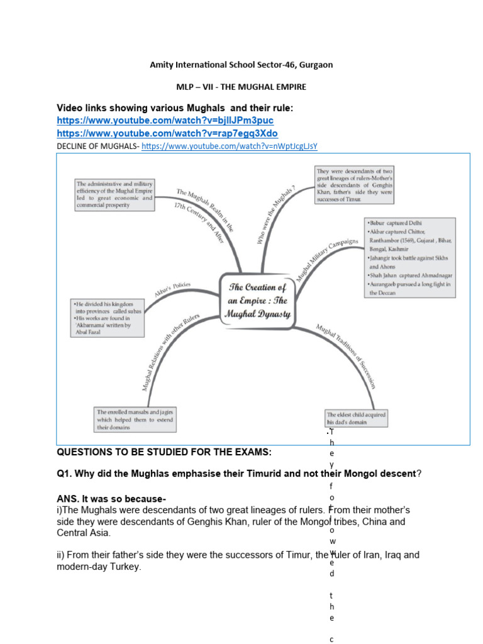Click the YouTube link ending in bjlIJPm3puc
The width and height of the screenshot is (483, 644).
(165, 120)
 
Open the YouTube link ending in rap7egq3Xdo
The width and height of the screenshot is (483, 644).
(167, 133)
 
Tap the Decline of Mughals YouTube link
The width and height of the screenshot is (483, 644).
(229, 146)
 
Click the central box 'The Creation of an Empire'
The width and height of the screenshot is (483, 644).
(257, 299)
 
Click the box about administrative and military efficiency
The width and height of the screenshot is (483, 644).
(114, 194)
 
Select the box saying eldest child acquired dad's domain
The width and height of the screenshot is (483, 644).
(356, 418)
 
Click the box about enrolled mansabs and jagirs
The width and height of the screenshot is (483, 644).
(135, 419)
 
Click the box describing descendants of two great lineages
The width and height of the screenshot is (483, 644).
(354, 185)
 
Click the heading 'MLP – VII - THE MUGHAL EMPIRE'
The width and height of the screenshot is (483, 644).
(241, 87)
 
